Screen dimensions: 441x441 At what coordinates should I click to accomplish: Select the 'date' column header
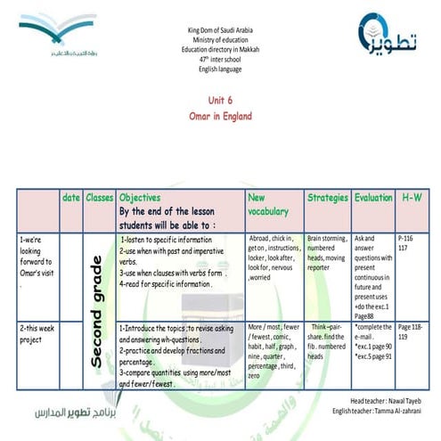coord(71,196)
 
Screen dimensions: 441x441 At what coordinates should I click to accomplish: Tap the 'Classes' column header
coord(99,196)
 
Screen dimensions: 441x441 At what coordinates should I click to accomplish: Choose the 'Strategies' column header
coord(327,196)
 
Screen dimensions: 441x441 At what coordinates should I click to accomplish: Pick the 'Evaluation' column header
coord(372,196)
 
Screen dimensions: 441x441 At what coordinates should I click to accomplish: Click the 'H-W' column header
coord(412,196)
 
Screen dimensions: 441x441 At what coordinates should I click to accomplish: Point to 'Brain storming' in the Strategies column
coord(327,240)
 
